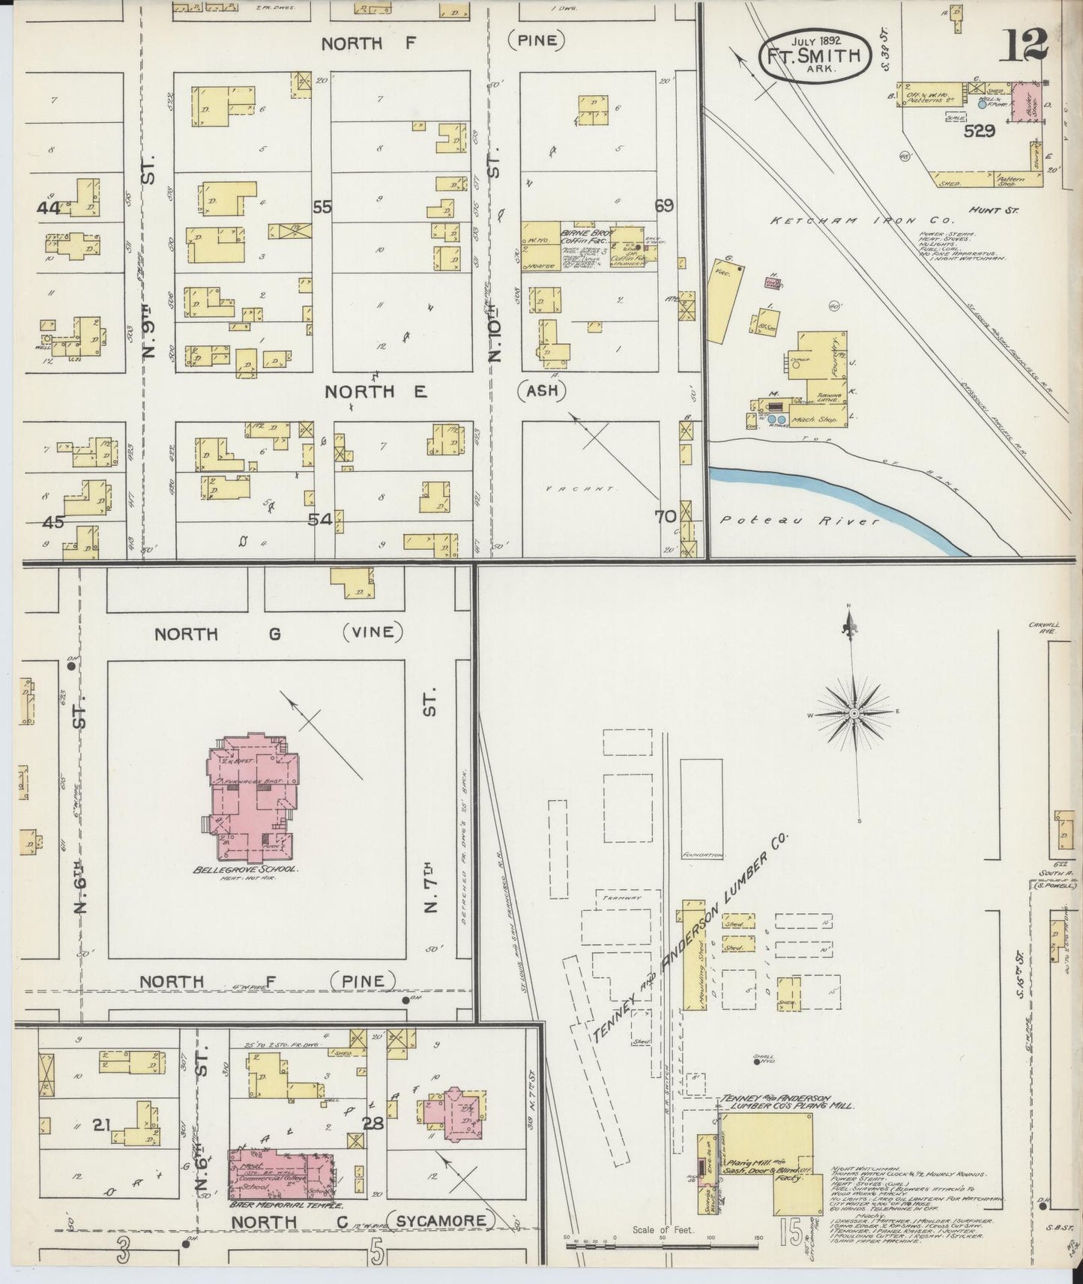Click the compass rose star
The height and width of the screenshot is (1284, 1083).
pos(854,715)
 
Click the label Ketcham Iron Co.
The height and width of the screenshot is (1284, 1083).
pos(862,222)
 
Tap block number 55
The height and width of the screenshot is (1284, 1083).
pos(322,208)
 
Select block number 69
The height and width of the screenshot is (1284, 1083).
pos(664,206)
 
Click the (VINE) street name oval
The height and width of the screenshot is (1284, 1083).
pos(372,632)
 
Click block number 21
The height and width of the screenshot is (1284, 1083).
pos(102,1124)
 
